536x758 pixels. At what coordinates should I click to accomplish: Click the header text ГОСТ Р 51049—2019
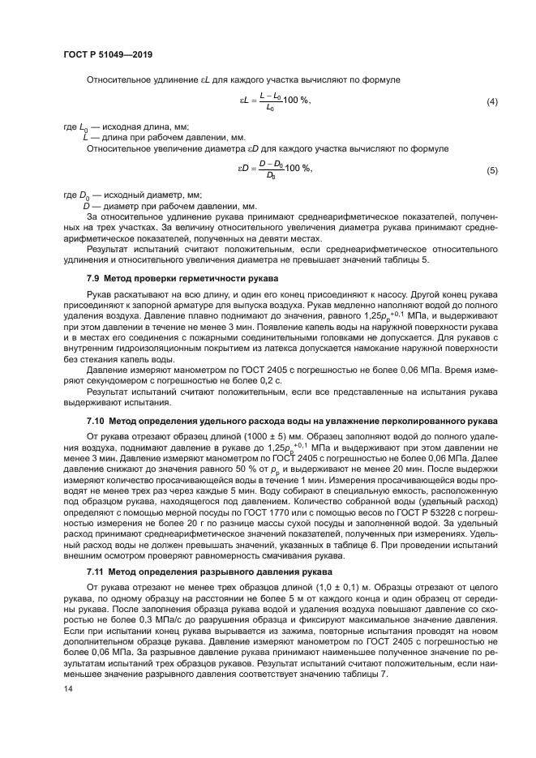click(108, 54)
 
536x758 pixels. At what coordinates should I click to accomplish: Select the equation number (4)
click(491, 102)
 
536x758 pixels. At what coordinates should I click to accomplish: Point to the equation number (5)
click(491, 170)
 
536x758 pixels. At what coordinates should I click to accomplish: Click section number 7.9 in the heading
click(94, 278)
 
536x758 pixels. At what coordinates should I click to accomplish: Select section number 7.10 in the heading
click(96, 422)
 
